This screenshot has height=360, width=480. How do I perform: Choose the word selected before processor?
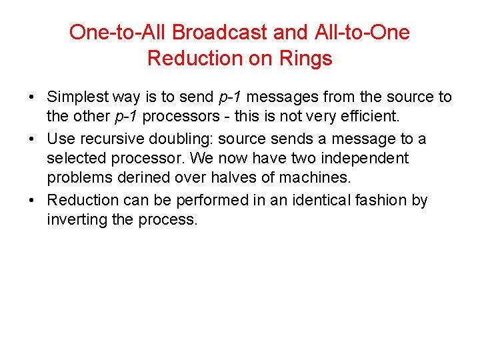point(77,159)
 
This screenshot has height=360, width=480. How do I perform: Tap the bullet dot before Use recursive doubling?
point(32,139)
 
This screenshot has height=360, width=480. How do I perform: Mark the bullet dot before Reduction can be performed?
point(32,201)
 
